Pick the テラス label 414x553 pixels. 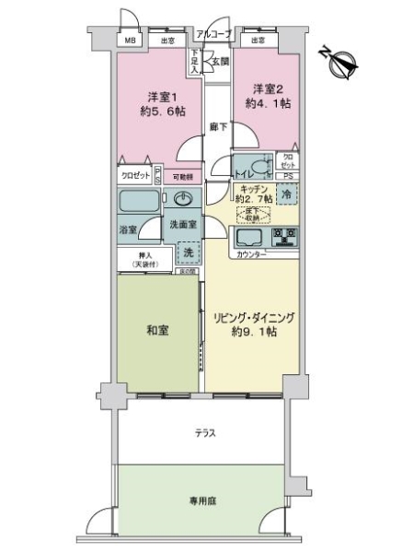click(x=204, y=432)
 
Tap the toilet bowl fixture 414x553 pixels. click(x=261, y=167)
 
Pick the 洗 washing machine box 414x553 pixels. click(x=187, y=253)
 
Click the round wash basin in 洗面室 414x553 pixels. click(x=184, y=200)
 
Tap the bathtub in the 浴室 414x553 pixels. click(x=140, y=202)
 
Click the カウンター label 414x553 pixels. click(x=250, y=254)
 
